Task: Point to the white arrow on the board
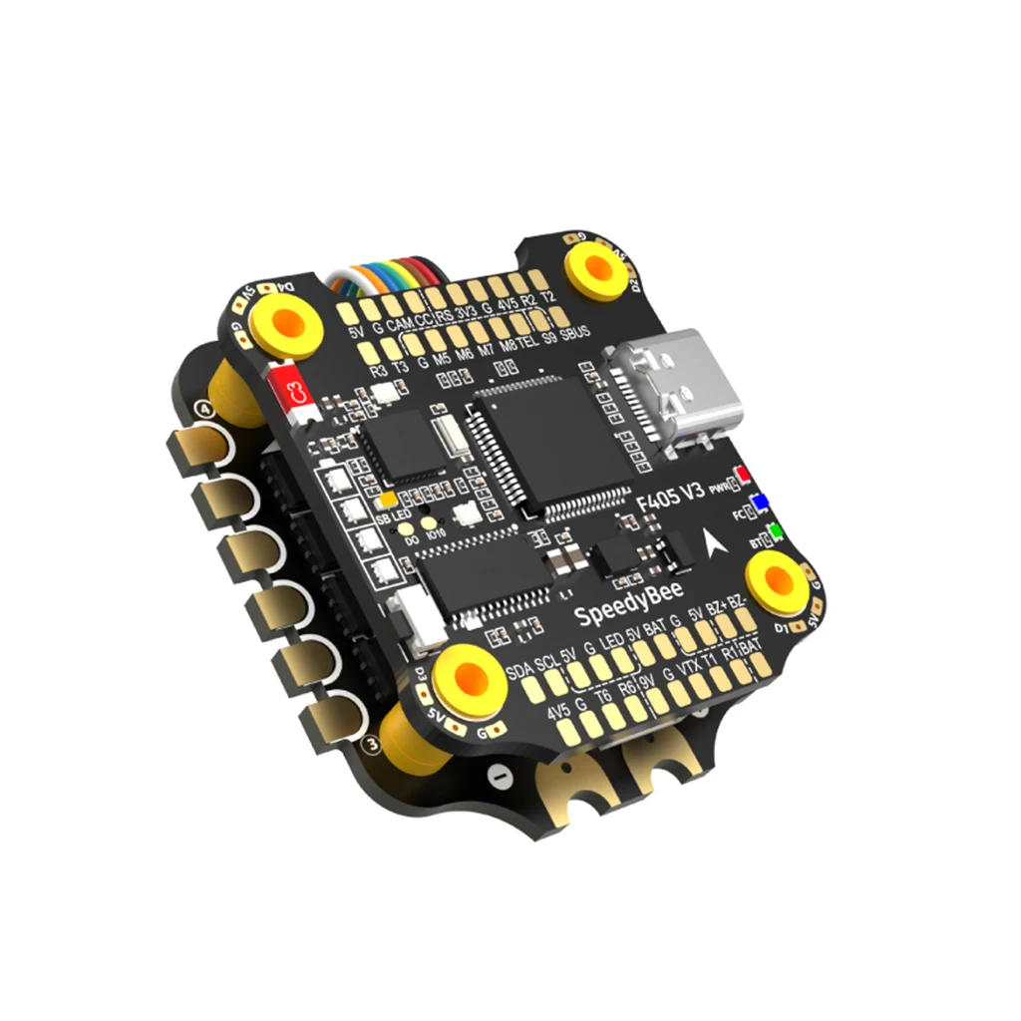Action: coord(715,544)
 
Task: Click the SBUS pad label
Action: coord(581,332)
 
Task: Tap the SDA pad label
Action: coord(519,667)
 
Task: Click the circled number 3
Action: coord(373,742)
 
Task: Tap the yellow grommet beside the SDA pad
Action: coord(468,679)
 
